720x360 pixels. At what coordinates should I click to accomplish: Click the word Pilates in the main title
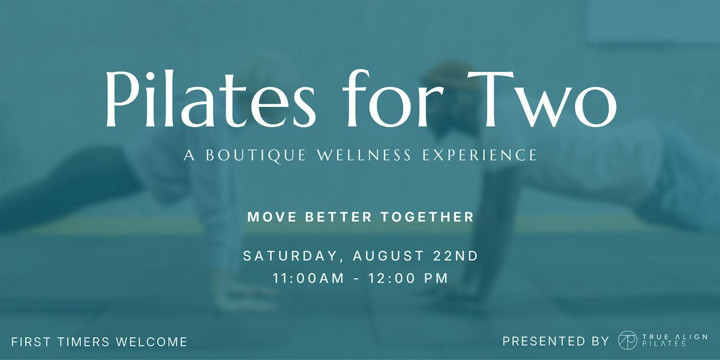pos(211,98)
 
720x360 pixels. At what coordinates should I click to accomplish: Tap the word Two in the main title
pos(542,98)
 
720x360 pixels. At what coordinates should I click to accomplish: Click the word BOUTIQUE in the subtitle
pos(256,155)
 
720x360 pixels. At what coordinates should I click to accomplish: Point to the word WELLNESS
pos(364,155)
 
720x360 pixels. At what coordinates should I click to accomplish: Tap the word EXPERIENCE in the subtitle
pos(479,155)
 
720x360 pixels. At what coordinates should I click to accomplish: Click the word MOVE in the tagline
pos(272,217)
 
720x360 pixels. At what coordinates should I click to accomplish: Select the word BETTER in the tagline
pos(338,217)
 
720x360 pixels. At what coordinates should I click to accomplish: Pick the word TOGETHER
pos(427,217)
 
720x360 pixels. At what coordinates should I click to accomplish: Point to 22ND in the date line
pos(456,256)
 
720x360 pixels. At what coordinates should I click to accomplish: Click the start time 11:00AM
pos(308,278)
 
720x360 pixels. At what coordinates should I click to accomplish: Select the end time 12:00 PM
pos(408,278)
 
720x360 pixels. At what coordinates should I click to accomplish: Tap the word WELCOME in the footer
pos(152,341)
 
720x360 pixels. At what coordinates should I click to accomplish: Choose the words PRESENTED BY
pos(556,341)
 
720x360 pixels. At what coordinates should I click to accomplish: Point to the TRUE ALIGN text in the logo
pos(674,337)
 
